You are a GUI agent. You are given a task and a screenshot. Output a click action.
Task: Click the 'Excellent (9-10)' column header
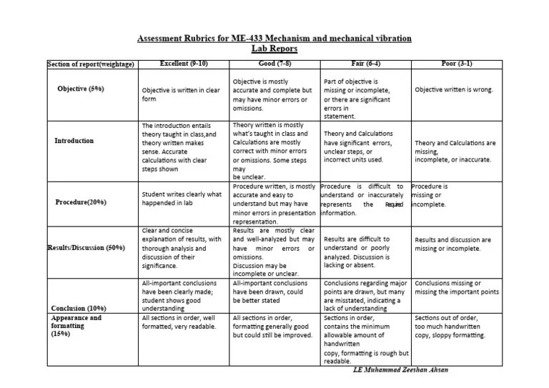pos(184,64)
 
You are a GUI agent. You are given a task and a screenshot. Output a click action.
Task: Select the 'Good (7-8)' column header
pos(274,64)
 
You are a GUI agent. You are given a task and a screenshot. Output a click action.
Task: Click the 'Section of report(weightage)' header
pos(91,65)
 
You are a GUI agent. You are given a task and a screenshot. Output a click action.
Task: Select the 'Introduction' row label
pos(74,141)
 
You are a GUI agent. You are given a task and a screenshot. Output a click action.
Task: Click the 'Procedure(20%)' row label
pos(81,202)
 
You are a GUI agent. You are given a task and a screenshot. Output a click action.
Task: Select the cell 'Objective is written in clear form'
pos(180,95)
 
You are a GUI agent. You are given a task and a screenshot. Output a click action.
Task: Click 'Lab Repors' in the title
pos(274,49)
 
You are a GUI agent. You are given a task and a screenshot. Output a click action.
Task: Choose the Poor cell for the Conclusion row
pos(456,287)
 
